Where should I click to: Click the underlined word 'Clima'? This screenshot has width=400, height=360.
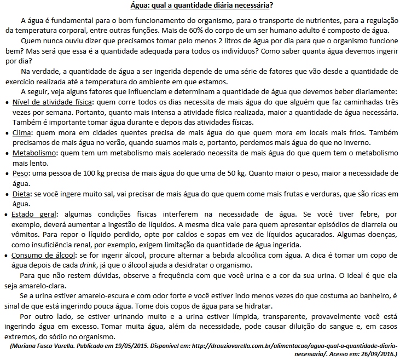[21, 132]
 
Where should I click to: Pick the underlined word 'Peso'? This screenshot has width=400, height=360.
[20, 173]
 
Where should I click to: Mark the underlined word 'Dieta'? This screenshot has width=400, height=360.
[21, 194]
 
